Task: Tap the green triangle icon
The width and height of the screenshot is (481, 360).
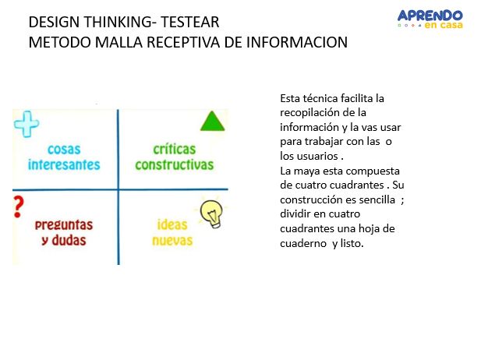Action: click(211, 122)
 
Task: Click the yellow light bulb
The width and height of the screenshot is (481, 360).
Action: click(211, 211)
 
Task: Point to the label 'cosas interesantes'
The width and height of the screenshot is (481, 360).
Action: click(64, 157)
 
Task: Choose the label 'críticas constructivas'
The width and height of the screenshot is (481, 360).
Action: click(174, 157)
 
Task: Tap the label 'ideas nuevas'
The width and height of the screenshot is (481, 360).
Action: click(172, 232)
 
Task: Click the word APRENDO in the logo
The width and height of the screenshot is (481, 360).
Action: click(430, 15)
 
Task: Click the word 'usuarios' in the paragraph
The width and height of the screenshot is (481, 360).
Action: click(317, 156)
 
